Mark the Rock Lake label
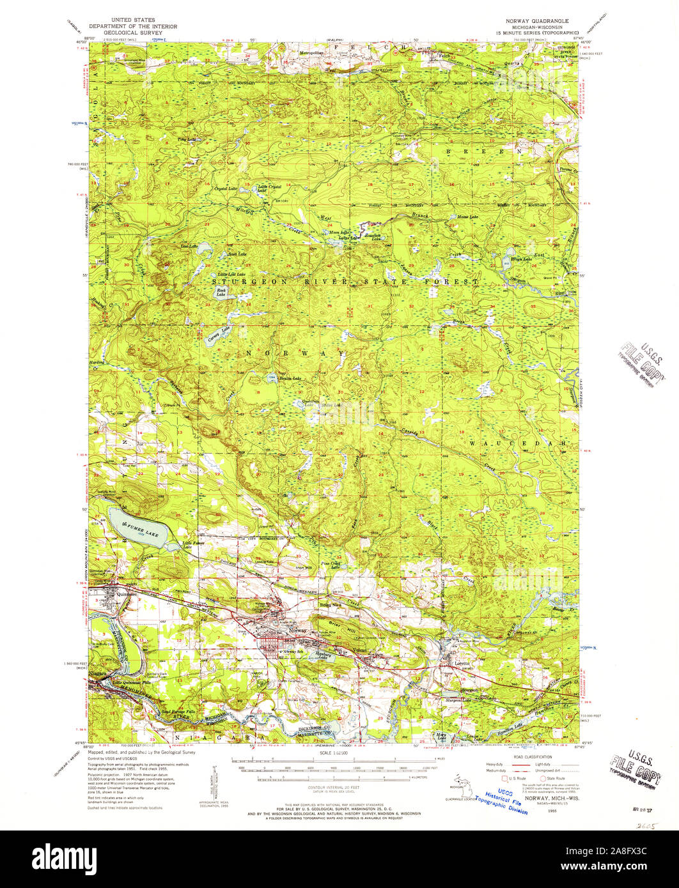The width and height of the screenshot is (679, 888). (221, 292)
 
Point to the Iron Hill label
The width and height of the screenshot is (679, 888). (304, 567)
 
